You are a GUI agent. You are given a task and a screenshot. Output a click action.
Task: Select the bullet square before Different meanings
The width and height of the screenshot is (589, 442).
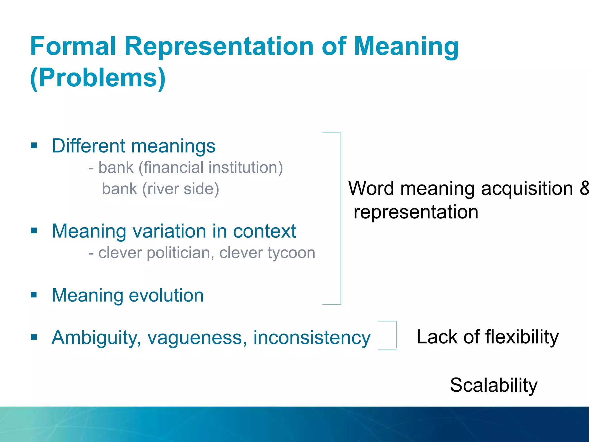(34, 145)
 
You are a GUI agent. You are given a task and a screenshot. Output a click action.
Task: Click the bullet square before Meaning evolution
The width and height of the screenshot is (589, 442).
(34, 295)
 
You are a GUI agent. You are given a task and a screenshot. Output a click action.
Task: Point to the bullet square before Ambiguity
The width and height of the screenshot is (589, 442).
(34, 337)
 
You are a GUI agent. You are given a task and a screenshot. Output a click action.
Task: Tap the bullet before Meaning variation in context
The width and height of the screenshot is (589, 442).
(34, 230)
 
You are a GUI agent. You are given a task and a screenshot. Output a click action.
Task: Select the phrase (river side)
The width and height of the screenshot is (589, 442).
(181, 189)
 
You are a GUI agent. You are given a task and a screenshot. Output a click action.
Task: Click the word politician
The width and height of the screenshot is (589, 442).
(180, 253)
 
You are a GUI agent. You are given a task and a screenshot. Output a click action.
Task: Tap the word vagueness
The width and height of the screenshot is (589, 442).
(197, 337)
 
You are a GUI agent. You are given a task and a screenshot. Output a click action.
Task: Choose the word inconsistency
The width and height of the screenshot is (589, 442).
(312, 337)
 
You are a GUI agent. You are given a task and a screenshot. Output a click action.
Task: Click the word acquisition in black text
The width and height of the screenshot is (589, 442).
(527, 188)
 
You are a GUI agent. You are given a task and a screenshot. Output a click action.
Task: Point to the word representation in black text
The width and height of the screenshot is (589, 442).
(416, 212)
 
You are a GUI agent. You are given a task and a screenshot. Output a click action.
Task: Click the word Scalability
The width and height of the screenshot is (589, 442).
(494, 385)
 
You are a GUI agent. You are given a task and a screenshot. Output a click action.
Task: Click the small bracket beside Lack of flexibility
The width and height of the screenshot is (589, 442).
(396, 336)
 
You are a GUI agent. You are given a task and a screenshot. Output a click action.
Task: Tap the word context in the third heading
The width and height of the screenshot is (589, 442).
(264, 231)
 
